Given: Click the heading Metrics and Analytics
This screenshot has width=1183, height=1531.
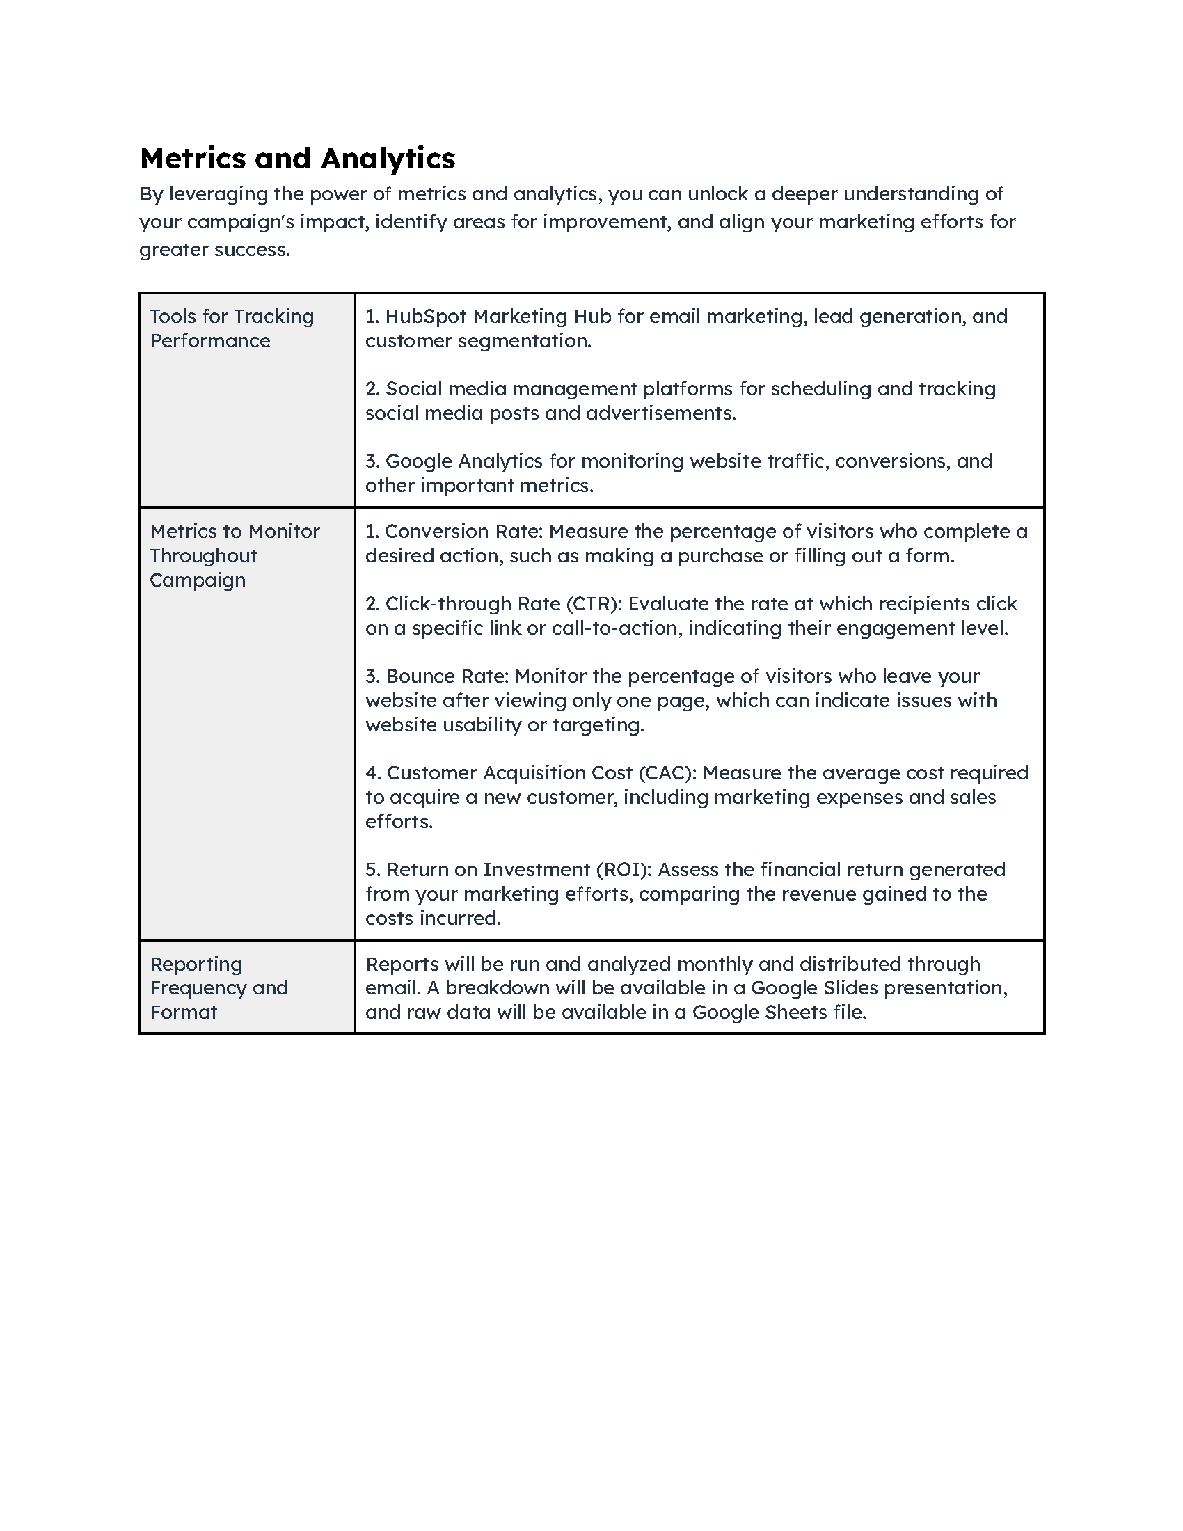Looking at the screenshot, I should pyautogui.click(x=297, y=159).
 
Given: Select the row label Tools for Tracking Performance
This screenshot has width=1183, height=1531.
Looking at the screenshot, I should pyautogui.click(x=231, y=328).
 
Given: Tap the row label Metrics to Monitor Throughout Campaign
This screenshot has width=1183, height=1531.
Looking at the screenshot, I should pyautogui.click(x=234, y=555).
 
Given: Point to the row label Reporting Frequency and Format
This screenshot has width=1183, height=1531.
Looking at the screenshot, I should pyautogui.click(x=219, y=987).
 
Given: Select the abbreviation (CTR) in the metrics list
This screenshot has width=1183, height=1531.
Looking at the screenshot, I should pyautogui.click(x=594, y=603).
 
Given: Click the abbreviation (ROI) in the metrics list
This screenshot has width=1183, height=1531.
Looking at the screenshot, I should pyautogui.click(x=624, y=869).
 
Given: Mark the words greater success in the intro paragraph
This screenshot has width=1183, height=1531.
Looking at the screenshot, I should pyautogui.click(x=214, y=250).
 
